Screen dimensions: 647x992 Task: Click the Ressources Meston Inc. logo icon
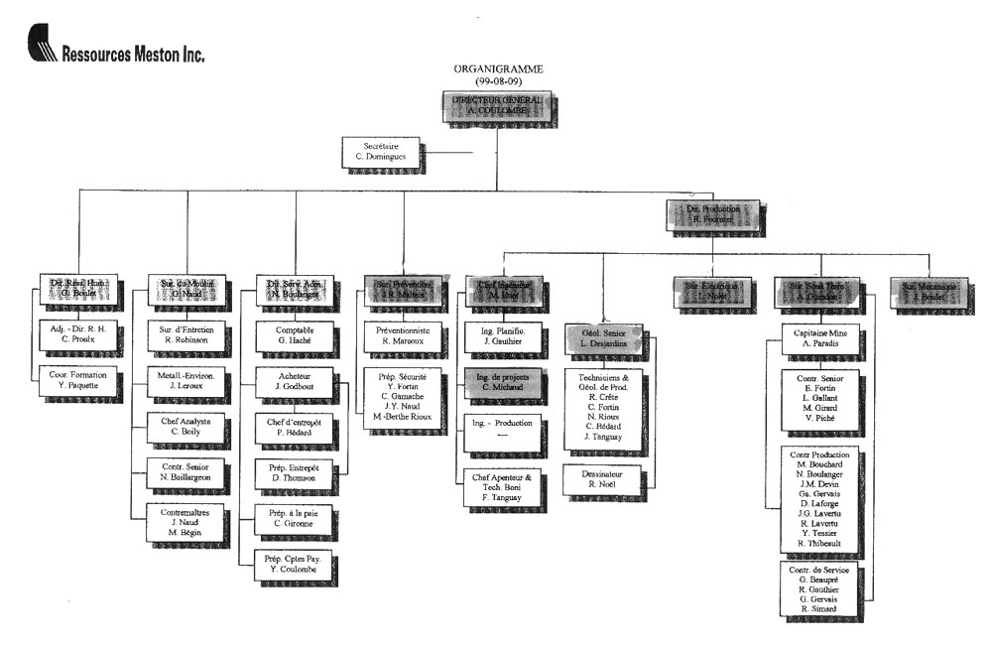click(42, 46)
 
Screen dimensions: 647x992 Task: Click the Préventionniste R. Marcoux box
click(404, 333)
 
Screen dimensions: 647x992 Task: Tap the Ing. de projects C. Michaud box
click(502, 381)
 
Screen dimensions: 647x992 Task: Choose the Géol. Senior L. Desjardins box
click(604, 336)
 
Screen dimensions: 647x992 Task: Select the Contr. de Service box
click(819, 588)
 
